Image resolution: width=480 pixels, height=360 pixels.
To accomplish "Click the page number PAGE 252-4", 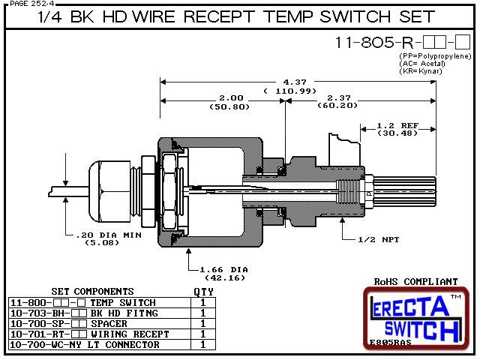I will point(27,4).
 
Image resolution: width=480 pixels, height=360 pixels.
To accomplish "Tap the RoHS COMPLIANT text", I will point(415,281).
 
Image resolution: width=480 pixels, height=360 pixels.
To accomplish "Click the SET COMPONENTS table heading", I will point(92,291).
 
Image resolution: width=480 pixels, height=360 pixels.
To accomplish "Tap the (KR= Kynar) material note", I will point(421,71).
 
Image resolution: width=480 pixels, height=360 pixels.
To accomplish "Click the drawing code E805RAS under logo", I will point(391,343).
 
